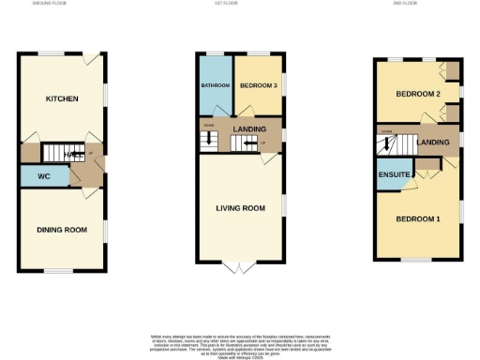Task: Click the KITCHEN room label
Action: (x=62, y=98)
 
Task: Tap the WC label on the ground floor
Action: (x=44, y=175)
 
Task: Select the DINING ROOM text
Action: (x=62, y=230)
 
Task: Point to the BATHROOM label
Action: (x=215, y=86)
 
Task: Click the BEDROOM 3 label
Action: (x=258, y=86)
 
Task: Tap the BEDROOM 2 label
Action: (x=417, y=95)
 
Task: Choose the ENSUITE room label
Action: (x=393, y=175)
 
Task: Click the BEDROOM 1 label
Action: (x=417, y=218)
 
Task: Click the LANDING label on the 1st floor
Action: (x=249, y=129)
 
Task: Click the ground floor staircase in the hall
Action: (x=66, y=152)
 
